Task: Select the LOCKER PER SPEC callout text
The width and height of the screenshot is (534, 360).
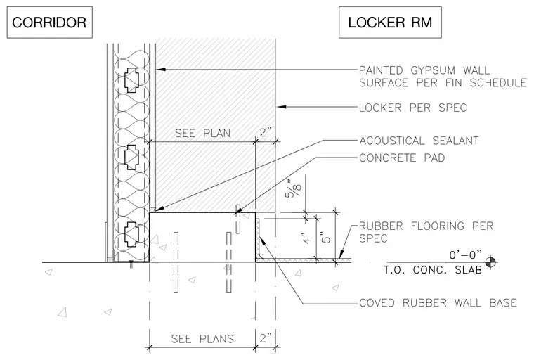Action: click(412, 108)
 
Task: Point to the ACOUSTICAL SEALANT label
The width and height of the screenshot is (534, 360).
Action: click(419, 141)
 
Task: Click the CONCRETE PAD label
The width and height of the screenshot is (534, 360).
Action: click(402, 157)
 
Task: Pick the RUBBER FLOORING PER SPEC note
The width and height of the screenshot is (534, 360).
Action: click(426, 232)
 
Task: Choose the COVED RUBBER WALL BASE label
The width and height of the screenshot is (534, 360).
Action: click(438, 303)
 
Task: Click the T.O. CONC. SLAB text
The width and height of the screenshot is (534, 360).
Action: click(433, 270)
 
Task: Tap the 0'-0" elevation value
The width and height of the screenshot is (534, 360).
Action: click(466, 255)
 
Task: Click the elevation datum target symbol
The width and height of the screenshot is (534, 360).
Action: click(490, 262)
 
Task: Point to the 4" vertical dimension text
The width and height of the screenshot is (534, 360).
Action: click(307, 238)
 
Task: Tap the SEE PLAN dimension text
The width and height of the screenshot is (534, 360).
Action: click(202, 133)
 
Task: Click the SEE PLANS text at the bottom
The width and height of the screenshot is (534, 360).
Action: click(202, 339)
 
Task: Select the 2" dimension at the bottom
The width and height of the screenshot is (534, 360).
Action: click(266, 338)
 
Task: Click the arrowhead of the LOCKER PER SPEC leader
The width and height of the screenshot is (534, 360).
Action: click(280, 107)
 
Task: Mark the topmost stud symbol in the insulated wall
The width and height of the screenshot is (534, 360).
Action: click(131, 80)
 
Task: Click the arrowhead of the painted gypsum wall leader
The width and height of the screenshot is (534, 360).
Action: click(161, 70)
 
